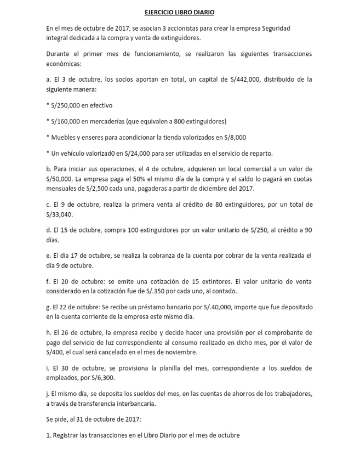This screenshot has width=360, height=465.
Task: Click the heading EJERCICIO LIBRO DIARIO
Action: coord(180,12)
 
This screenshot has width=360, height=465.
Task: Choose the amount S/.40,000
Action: coord(219,307)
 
